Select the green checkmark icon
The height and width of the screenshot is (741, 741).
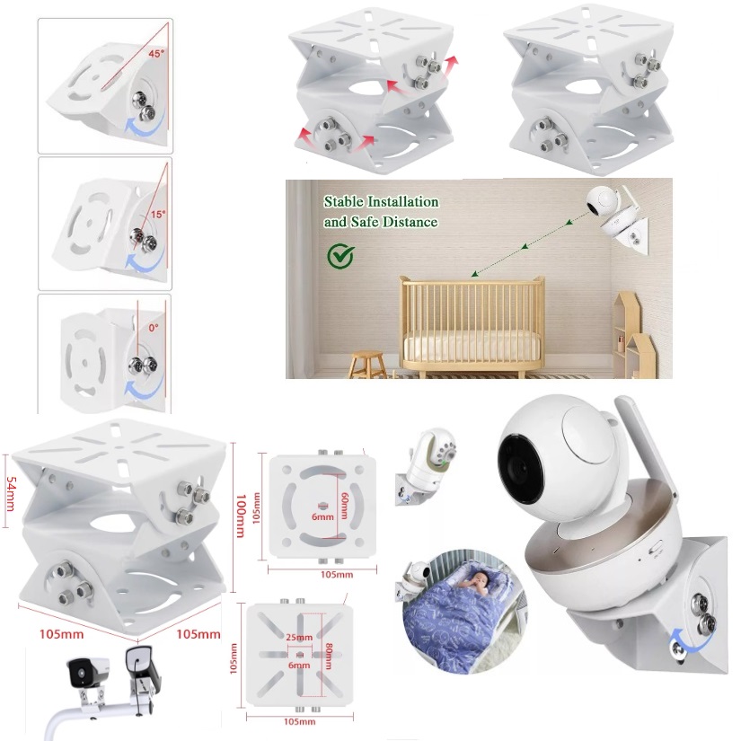click(340, 255)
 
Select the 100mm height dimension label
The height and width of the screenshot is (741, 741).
click(240, 516)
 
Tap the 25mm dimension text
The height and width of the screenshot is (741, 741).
click(298, 638)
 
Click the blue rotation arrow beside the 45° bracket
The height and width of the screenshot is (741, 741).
click(145, 130)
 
